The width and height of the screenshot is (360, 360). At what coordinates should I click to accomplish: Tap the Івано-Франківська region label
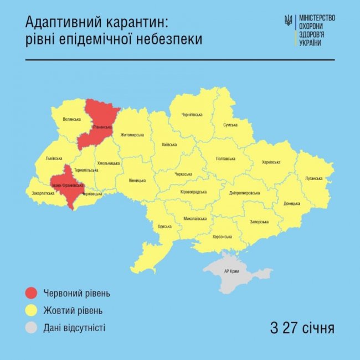click(67, 185)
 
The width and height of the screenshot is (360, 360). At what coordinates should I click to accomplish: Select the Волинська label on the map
click(72, 119)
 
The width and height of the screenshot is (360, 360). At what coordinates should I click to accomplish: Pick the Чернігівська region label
click(192, 115)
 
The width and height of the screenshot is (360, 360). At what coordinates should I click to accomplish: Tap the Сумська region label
click(230, 125)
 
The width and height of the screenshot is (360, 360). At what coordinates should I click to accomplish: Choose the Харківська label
click(270, 162)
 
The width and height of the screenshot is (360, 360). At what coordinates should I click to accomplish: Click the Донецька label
click(291, 203)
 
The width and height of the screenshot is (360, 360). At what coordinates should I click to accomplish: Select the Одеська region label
click(164, 226)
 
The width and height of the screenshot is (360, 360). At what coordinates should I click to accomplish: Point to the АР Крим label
click(232, 271)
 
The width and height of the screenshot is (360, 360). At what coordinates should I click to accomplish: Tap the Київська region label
click(169, 145)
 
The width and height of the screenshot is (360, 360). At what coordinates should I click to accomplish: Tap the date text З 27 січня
click(302, 328)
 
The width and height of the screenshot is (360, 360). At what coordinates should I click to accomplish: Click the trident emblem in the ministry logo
click(288, 21)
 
